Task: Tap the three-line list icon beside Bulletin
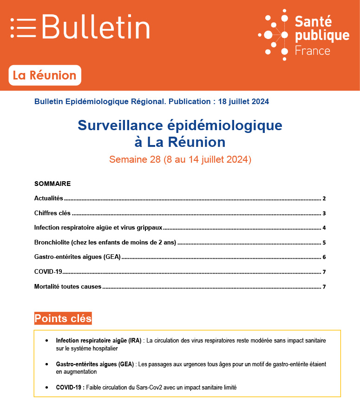click(x=23, y=27)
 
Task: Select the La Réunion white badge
click(x=45, y=75)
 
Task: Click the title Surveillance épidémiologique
click(x=180, y=125)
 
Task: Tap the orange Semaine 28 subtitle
click(x=180, y=159)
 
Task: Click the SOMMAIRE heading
click(x=52, y=184)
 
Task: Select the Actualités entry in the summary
click(x=48, y=198)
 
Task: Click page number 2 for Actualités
click(x=324, y=198)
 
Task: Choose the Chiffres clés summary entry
click(x=52, y=213)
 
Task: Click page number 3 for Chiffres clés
click(x=324, y=213)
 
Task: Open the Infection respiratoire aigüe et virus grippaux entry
click(x=98, y=228)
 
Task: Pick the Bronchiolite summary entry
click(x=106, y=243)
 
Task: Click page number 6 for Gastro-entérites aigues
click(x=324, y=257)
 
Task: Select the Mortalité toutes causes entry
click(x=67, y=286)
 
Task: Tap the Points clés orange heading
click(x=63, y=318)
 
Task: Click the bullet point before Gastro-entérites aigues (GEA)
click(x=47, y=364)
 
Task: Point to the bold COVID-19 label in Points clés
click(x=70, y=387)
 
